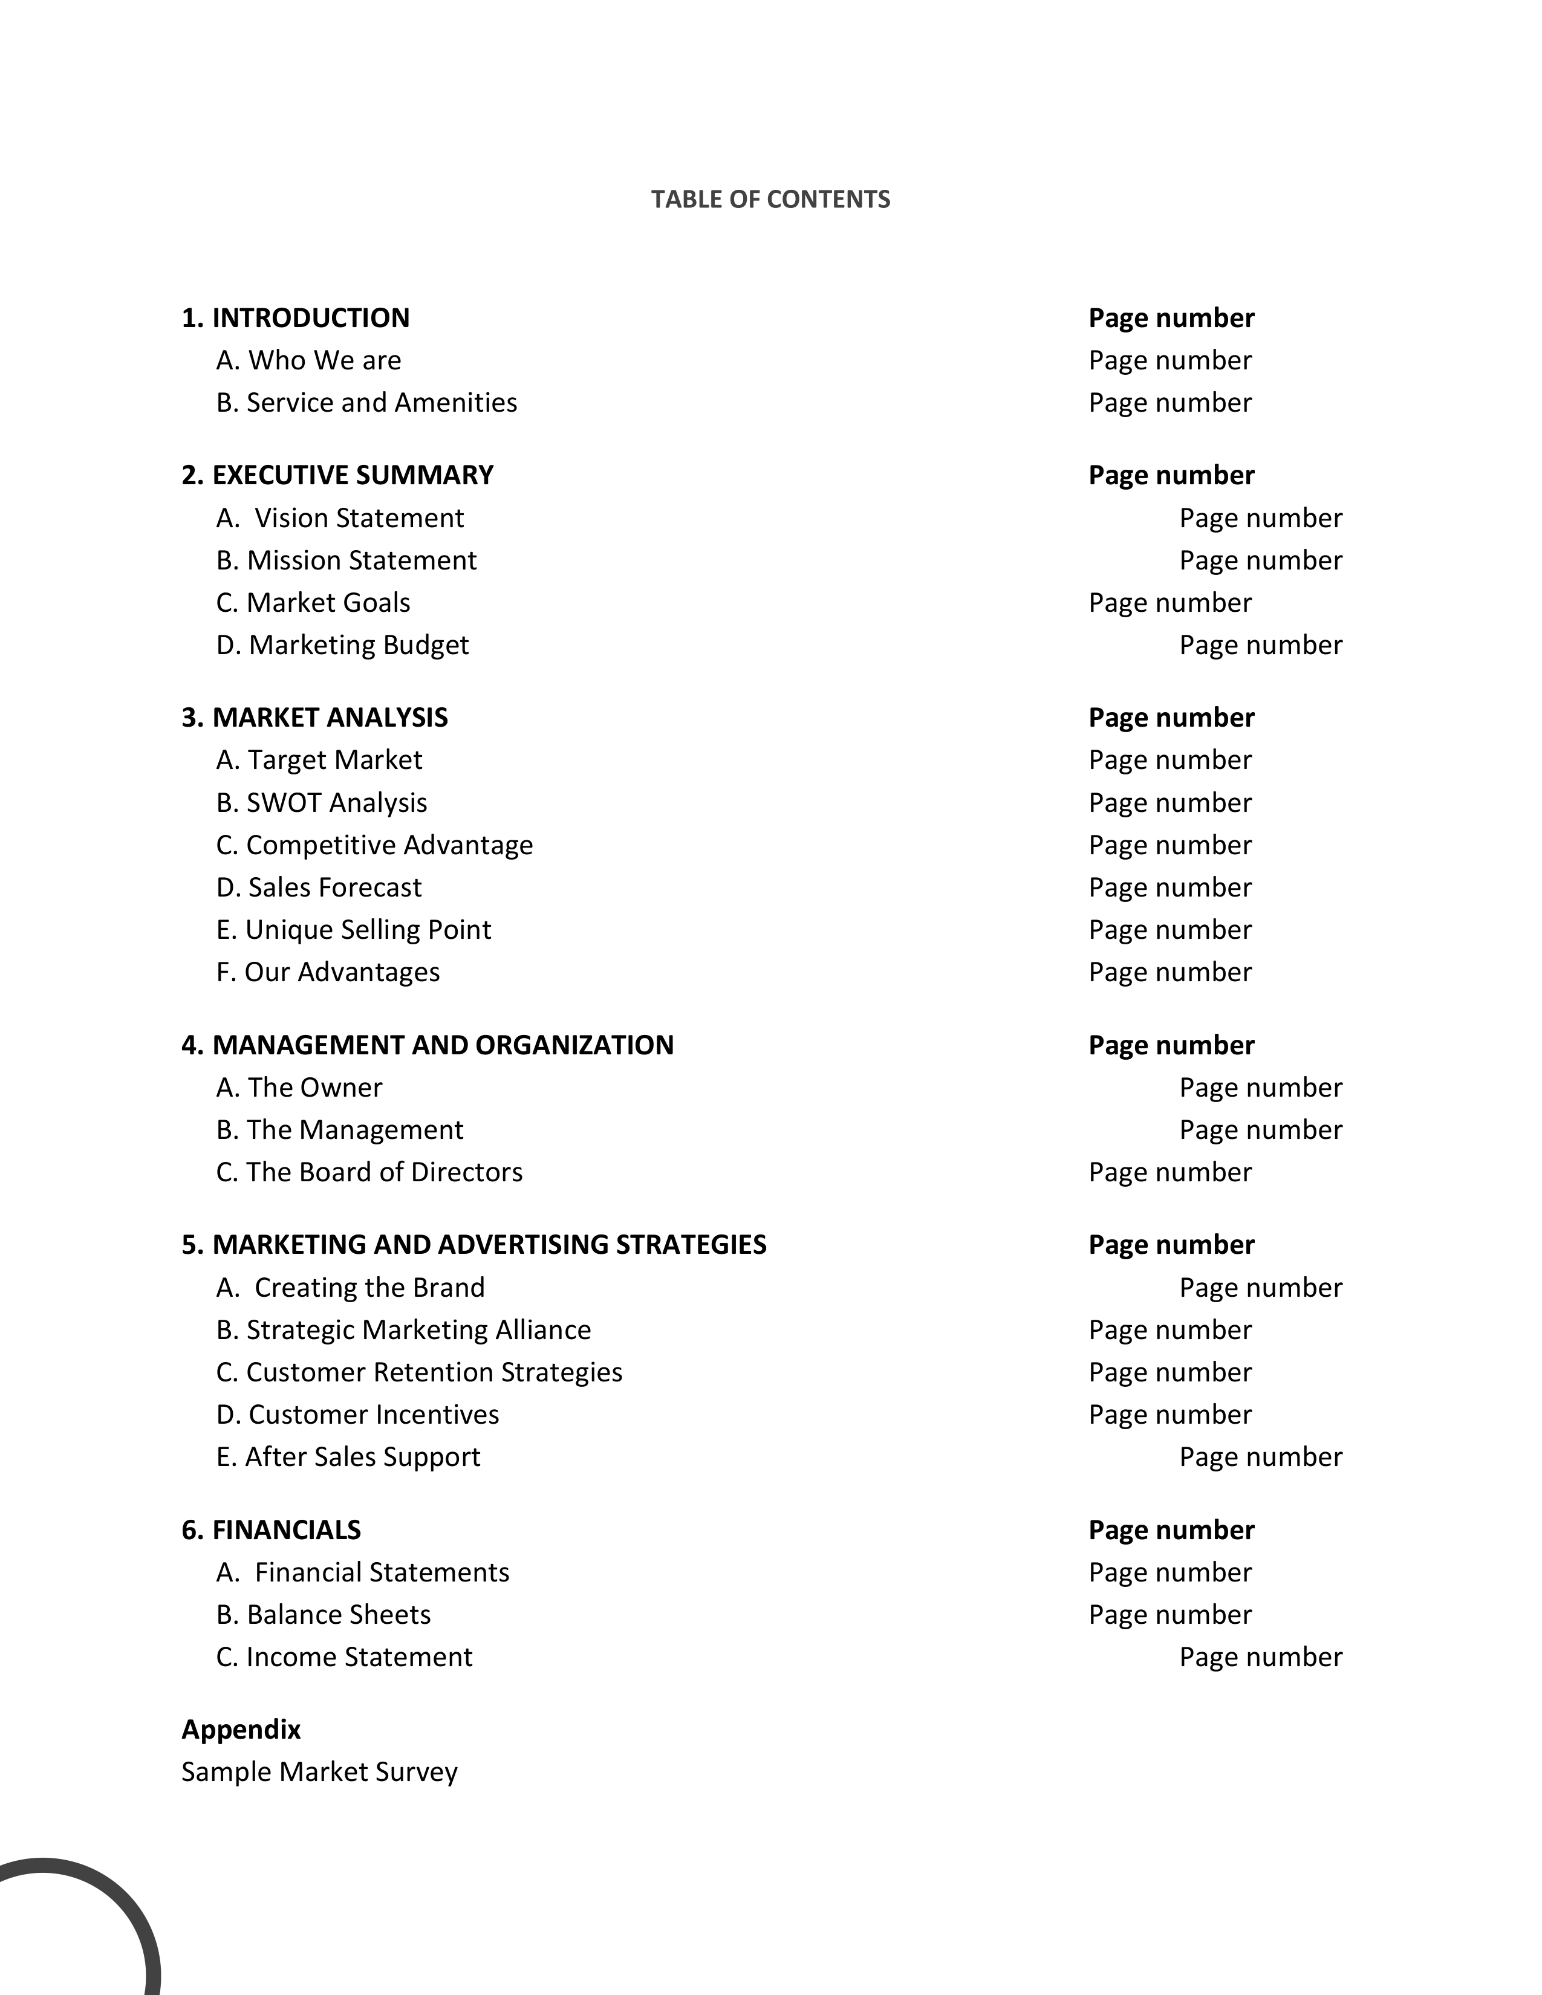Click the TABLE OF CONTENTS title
[770, 199]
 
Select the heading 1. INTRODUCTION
[295, 318]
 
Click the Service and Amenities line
[366, 403]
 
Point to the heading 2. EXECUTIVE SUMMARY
[337, 475]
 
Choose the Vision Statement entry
[340, 518]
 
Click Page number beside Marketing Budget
[1261, 645]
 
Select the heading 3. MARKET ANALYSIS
[314, 717]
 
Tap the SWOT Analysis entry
[322, 803]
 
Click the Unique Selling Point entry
[354, 930]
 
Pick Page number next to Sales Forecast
[1170, 887]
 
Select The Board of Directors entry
[369, 1172]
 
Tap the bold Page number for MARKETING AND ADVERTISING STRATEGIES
[1171, 1245]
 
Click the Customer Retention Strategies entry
[419, 1372]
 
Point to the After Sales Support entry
[348, 1457]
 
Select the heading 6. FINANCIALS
[272, 1530]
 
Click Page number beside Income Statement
[1261, 1657]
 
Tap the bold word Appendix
[241, 1729]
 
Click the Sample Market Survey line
[319, 1772]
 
